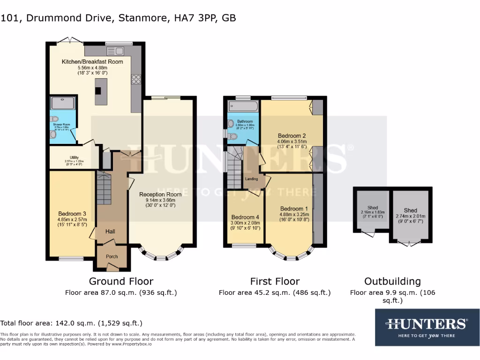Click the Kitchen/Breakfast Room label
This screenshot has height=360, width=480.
click(92, 61)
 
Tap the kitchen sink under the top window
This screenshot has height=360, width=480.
click(115, 51)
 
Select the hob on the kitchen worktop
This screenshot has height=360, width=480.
click(136, 80)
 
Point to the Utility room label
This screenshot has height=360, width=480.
click(74, 157)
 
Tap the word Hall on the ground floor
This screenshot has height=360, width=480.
click(110, 231)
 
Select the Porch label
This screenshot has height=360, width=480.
click(112, 256)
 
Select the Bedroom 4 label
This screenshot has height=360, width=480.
click(245, 217)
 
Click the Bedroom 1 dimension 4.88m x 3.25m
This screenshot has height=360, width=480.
click(294, 214)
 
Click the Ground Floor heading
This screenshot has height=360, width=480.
click(121, 281)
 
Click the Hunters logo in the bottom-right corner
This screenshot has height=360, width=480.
click(427, 327)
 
